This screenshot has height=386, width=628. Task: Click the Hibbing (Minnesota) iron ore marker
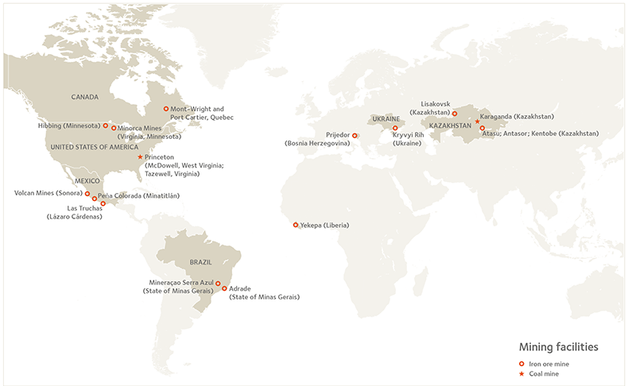pyautogui.click(x=105, y=125)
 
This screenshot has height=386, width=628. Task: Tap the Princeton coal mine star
pyautogui.click(x=141, y=156)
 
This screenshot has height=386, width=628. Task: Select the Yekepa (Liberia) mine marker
pyautogui.click(x=296, y=225)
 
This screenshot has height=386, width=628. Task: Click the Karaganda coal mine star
pyautogui.click(x=477, y=122)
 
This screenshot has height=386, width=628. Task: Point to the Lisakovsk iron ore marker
pyautogui.click(x=455, y=114)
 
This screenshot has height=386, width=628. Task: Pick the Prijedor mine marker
pyautogui.click(x=355, y=135)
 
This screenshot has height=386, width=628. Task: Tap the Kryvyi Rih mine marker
pyautogui.click(x=395, y=128)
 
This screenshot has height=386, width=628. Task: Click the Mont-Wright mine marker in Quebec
pyautogui.click(x=165, y=109)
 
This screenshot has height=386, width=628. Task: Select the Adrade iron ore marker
pyautogui.click(x=224, y=288)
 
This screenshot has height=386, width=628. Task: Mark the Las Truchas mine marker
pyautogui.click(x=103, y=203)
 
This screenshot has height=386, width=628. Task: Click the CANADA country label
pyautogui.click(x=84, y=98)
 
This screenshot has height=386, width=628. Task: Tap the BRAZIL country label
pyautogui.click(x=200, y=261)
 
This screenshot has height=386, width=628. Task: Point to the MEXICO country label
pyautogui.click(x=86, y=181)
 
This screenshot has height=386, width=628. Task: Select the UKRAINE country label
pyautogui.click(x=385, y=118)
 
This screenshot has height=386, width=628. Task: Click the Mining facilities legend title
pyautogui.click(x=558, y=347)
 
